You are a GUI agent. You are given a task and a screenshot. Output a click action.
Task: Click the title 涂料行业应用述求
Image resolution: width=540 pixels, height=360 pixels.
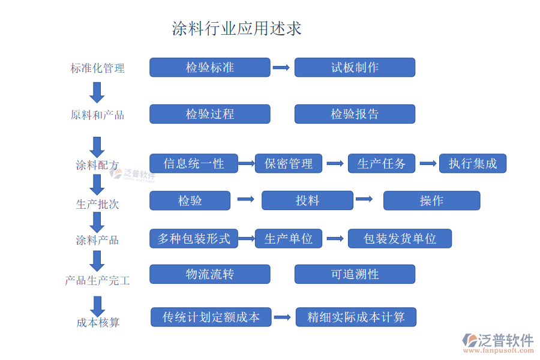(236, 28)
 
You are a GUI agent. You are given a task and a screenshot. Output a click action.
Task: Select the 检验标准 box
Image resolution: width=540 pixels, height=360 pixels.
(209, 67)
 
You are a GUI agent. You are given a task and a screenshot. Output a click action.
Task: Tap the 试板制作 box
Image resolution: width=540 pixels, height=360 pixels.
(355, 67)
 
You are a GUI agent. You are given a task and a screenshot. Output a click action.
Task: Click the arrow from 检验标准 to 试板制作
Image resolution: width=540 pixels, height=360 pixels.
(281, 67)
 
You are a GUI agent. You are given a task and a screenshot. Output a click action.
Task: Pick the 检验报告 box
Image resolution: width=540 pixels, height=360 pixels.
(355, 114)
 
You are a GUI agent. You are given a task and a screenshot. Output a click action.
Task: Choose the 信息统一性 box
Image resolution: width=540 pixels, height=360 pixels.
(193, 163)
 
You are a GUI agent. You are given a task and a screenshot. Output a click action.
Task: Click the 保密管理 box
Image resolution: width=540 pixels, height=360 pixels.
(289, 164)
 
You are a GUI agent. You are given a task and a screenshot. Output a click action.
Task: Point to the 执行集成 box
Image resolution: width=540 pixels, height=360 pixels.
(473, 163)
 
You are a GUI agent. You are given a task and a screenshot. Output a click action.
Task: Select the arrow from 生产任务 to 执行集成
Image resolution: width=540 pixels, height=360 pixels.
(428, 163)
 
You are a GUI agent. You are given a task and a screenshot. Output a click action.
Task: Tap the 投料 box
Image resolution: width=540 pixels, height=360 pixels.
(307, 200)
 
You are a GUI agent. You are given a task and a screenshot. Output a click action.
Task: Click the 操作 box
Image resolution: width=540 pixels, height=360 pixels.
(431, 200)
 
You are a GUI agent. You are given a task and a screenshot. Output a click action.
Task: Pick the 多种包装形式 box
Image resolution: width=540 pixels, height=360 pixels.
(193, 238)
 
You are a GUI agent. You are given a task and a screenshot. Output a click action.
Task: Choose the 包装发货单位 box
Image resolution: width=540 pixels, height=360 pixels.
(400, 238)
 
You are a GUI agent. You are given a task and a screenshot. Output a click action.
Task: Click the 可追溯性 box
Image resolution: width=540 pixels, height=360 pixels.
(355, 274)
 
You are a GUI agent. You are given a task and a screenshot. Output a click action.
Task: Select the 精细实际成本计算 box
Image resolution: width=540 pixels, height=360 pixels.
(356, 317)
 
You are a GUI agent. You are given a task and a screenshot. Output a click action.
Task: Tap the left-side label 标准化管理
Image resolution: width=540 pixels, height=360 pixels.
(97, 68)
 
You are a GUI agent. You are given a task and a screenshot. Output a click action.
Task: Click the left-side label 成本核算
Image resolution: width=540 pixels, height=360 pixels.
(98, 323)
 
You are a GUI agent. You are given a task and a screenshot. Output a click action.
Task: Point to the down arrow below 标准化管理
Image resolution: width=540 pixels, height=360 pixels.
(97, 92)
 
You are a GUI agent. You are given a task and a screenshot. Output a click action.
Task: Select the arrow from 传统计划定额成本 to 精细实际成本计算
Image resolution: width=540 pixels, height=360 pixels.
(283, 317)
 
